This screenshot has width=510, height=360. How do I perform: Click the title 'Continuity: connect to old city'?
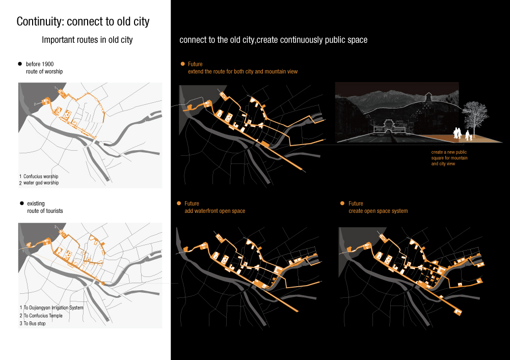(83, 22)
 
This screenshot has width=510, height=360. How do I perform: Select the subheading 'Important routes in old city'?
(87, 40)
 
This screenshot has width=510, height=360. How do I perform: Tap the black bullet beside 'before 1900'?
(20, 64)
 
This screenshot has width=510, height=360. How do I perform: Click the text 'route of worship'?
(44, 72)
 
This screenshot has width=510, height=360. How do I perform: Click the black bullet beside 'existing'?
(21, 203)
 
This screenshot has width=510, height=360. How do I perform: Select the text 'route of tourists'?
(45, 211)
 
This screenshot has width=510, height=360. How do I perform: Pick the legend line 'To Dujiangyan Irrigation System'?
(53, 308)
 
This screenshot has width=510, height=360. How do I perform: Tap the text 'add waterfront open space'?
(214, 211)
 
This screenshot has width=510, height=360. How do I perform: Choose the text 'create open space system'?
(378, 211)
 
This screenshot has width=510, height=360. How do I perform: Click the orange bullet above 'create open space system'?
(342, 203)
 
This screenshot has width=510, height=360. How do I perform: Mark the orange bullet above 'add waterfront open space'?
(179, 203)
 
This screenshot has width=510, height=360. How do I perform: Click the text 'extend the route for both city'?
(243, 72)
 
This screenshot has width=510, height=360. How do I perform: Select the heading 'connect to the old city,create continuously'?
(273, 40)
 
